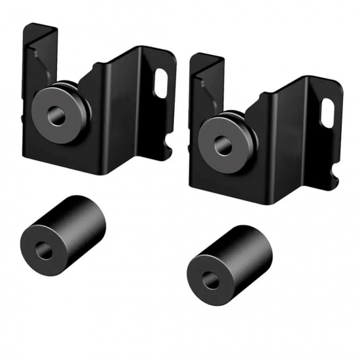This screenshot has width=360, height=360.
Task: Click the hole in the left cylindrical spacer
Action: [x=46, y=249]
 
